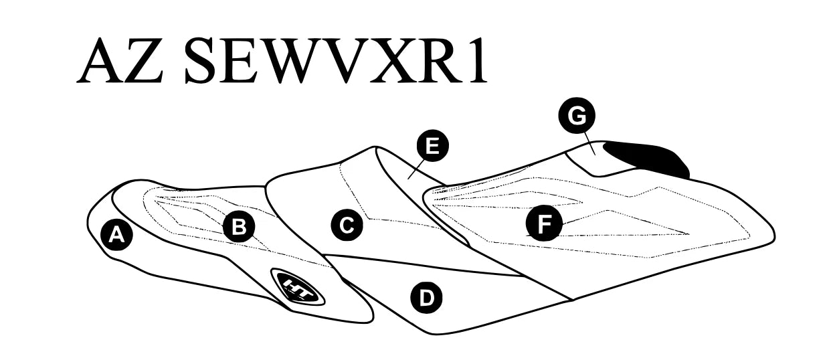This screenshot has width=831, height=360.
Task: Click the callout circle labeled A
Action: coord(116,235)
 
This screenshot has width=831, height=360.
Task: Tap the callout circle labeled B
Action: coord(239,226)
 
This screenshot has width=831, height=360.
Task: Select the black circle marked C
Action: coord(347,226)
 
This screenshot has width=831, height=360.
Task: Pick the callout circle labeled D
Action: coord(426,297)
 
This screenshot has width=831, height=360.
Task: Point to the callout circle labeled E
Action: coord(432,145)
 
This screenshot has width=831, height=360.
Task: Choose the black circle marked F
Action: coord(544,223)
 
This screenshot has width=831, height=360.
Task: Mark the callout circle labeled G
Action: coord(577,116)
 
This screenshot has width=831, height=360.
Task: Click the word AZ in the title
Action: coord(120,60)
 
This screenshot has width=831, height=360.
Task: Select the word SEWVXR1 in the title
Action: coord(336,60)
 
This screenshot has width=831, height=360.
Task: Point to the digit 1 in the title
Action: coord(476,60)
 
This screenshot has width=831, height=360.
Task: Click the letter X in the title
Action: coord(382,60)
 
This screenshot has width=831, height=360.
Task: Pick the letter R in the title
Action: coord(437,60)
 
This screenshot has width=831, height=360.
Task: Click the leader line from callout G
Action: coord(589,144)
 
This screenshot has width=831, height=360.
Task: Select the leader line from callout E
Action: coord(415,169)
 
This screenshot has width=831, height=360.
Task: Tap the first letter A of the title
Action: coord(101,60)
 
